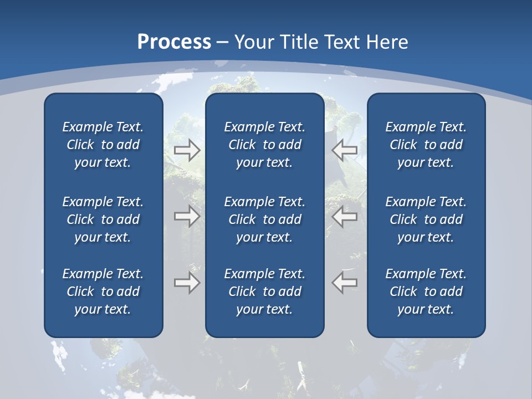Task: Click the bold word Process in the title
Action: coord(174,42)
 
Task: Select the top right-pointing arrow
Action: coord(187,150)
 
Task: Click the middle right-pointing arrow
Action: coord(187,216)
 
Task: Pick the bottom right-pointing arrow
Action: coord(187,283)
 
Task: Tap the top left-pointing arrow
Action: coord(345,150)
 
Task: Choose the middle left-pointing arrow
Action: coord(345,216)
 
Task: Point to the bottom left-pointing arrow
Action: coord(345,283)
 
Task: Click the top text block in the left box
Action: coord(103,145)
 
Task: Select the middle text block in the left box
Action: coord(103,219)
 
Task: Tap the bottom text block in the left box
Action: coord(103,291)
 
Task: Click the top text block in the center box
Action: coord(264,145)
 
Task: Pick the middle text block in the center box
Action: coord(264,219)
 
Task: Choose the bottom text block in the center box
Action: coord(264,291)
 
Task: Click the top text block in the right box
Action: coord(426,145)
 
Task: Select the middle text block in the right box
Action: coord(426,219)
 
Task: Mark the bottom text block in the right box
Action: coord(426,291)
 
